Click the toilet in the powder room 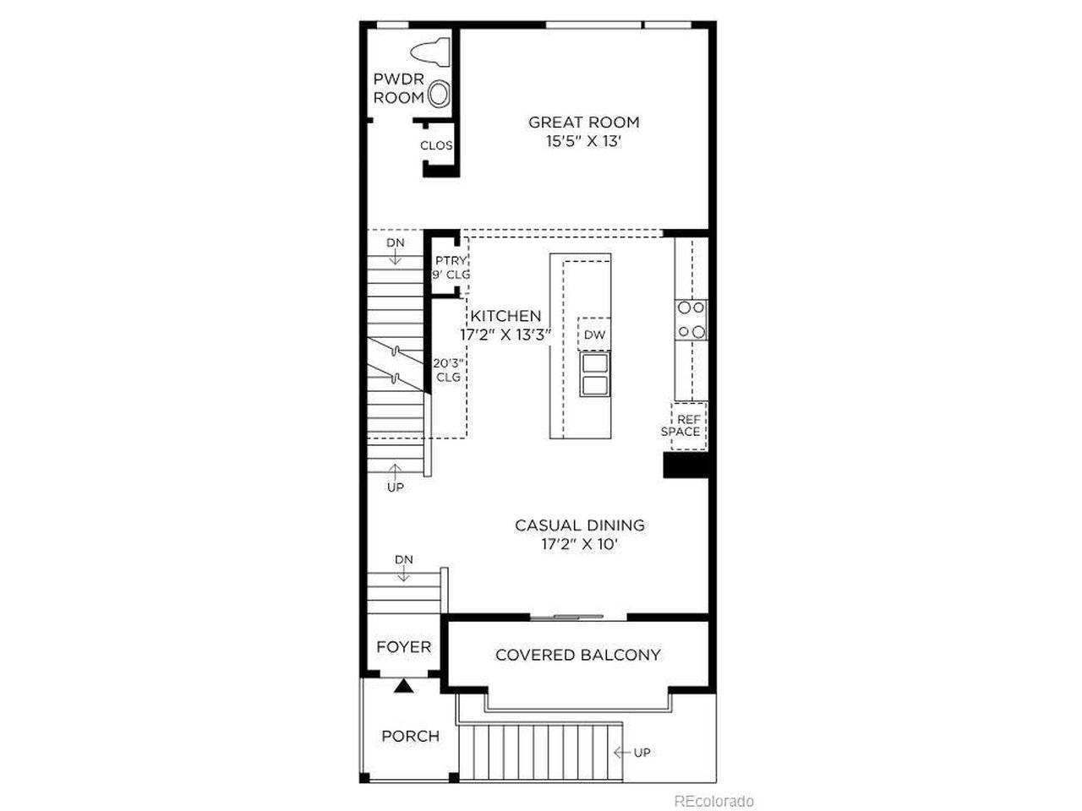point(430,53)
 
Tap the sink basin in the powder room point(438,95)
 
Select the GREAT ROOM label point(583,122)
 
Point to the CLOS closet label point(436,146)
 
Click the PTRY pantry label point(451,260)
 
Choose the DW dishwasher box point(594,335)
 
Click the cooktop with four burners point(691,320)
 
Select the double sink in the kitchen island point(594,374)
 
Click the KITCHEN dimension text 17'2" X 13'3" point(505,335)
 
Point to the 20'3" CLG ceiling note point(448,370)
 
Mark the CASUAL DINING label point(580,525)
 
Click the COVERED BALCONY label point(577,655)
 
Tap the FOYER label point(404,646)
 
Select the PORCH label point(411,736)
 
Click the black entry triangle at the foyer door point(404,686)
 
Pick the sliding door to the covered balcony point(578,617)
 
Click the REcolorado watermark point(713,801)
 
